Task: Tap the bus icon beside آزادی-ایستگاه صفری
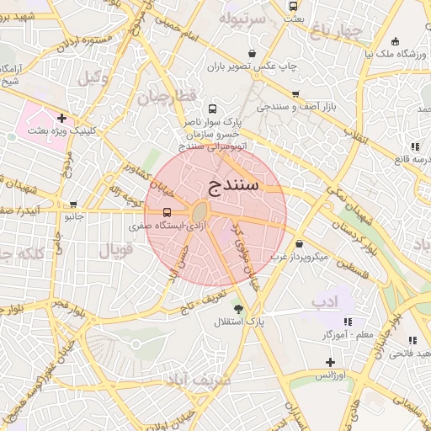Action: (x=168, y=212)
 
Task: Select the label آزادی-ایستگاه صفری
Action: (x=164, y=226)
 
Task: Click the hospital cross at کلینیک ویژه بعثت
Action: (x=61, y=118)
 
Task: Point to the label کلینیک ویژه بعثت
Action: (x=62, y=130)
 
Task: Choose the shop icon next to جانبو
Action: (x=74, y=204)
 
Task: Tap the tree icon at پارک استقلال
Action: (x=239, y=309)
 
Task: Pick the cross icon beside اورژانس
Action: (x=331, y=362)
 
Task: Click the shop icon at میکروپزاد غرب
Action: (x=299, y=243)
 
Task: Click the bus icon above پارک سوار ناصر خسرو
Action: (x=211, y=109)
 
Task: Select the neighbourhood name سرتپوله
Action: (x=242, y=18)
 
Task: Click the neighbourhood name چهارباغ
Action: (x=335, y=32)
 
